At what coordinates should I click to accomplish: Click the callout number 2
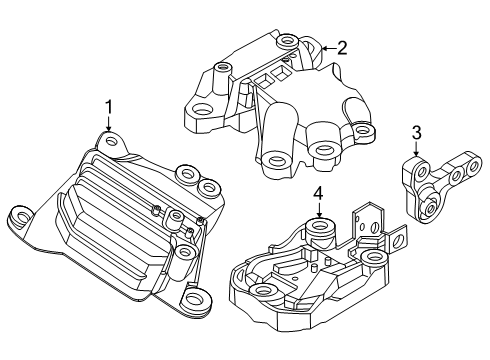[x=342, y=46]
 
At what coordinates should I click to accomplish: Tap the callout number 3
[x=417, y=131]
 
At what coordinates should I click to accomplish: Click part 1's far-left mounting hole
[x=19, y=213]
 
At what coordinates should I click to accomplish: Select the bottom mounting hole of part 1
[x=194, y=297]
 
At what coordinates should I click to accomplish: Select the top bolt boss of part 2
[x=288, y=42]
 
